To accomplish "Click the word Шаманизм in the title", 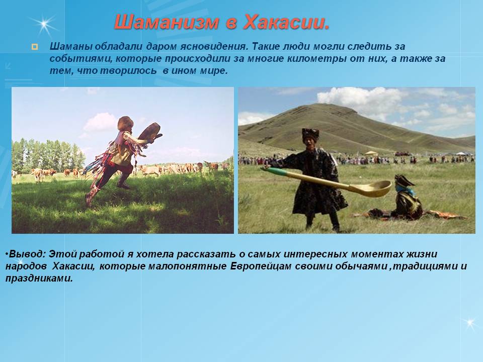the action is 167,22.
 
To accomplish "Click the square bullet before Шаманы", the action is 35,47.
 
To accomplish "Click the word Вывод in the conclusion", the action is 27,254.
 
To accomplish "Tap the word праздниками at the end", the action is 39,279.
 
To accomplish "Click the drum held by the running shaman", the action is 150,132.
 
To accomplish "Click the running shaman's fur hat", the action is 125,123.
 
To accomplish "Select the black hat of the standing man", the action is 310,133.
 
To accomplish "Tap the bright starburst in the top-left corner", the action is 44,24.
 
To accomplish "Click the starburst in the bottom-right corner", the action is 470,323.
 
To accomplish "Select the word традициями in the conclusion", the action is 426,266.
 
